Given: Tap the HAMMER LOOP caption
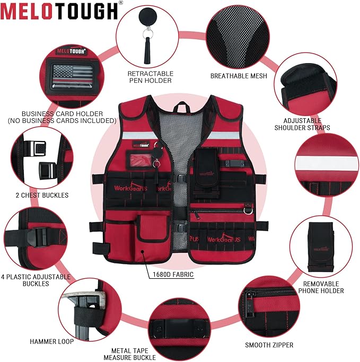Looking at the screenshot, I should click(x=52, y=341).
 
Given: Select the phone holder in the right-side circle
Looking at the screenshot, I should click(x=324, y=244).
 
